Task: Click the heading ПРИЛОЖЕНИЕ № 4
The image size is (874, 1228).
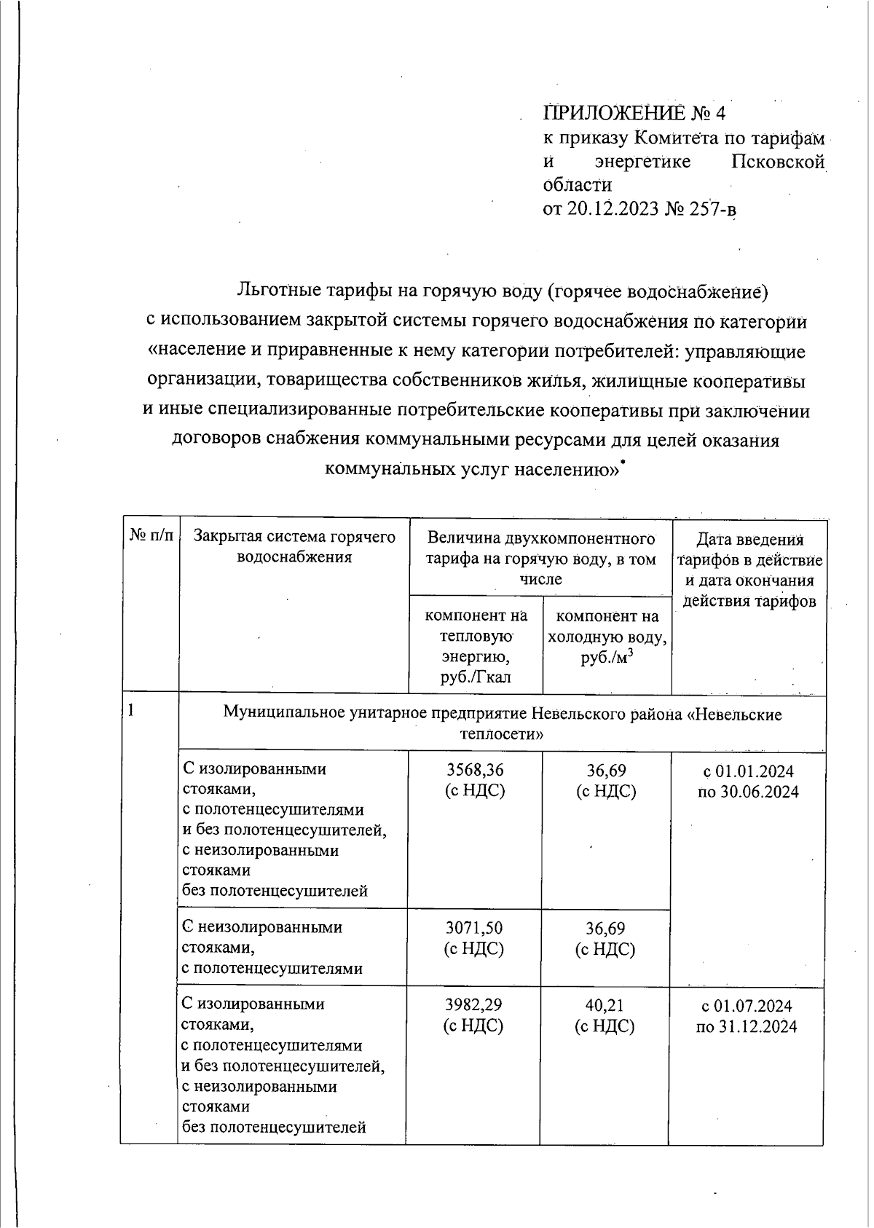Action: pos(634,114)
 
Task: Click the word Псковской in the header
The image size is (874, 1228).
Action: pos(777,162)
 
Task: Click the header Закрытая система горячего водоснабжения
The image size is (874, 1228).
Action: pos(294,547)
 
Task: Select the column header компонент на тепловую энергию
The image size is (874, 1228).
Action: pos(476,646)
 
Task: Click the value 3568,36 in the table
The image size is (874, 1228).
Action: pos(475,771)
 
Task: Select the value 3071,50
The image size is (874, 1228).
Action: pos(474,928)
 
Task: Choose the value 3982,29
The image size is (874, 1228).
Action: pos(474,1005)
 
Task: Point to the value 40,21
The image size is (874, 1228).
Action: pos(605,1005)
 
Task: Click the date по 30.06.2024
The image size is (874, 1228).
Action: pos(747,792)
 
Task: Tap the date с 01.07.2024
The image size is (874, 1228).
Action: pos(747,1006)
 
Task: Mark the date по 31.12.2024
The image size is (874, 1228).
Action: pos(747,1027)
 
